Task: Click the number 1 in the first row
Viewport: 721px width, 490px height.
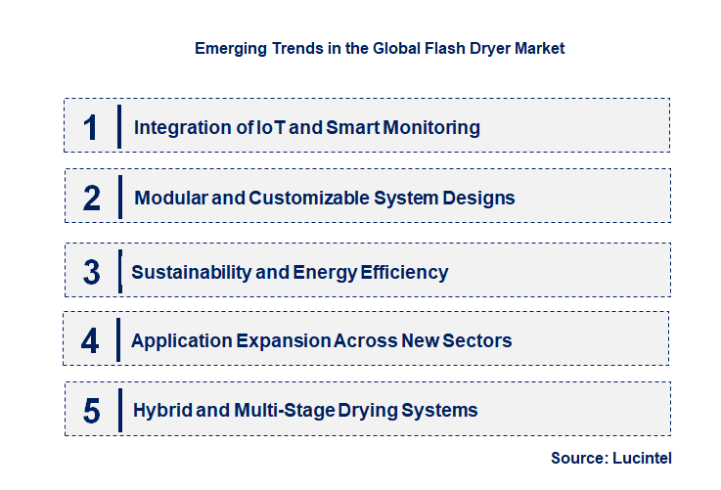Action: coord(91,127)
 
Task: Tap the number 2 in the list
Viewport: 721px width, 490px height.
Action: coord(92,199)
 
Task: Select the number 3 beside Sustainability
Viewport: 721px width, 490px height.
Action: coord(92,272)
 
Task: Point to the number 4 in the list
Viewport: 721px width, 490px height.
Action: coord(91,341)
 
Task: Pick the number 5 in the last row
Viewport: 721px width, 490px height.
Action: coord(92,411)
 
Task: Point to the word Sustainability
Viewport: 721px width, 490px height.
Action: coord(191,272)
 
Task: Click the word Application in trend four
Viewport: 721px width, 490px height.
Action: coord(180,341)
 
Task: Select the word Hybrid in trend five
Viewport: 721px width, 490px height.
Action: coord(161,410)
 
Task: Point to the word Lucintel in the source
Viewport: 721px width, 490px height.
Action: coord(645,458)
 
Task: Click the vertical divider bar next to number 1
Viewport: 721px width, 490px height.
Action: coord(118,127)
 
